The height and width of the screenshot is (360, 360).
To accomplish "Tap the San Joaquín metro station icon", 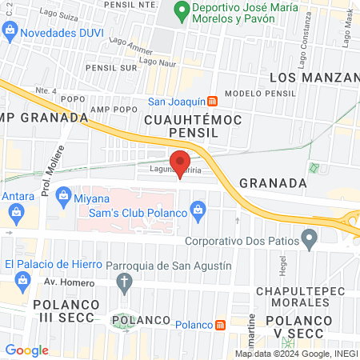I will [x=213, y=102].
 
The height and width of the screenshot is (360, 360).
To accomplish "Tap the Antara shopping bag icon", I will [x=17, y=212].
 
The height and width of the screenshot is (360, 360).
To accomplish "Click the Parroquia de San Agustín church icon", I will [x=124, y=281].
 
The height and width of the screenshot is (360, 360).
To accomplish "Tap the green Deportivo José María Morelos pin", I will [x=182, y=13].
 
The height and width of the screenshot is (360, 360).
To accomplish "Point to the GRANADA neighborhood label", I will [x=274, y=182].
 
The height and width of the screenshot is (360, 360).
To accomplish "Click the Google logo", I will [x=26, y=350].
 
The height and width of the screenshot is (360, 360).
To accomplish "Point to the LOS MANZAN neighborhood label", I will [x=314, y=78].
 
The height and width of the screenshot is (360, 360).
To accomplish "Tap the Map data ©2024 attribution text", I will [x=295, y=354].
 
